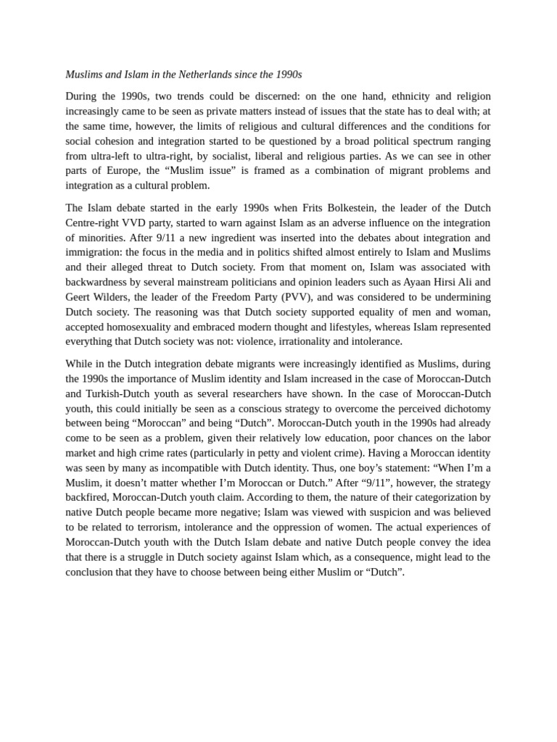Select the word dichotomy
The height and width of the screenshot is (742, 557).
coord(466,409)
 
